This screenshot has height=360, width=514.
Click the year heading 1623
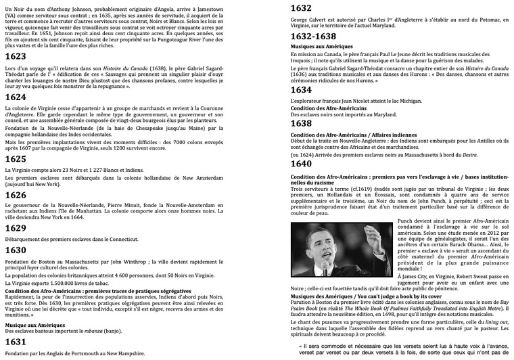[x=16, y=56]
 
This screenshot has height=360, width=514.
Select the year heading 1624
[x=16, y=97]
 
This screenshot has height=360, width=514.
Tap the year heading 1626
[x=16, y=195]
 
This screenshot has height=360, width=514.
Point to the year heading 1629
[x=16, y=228]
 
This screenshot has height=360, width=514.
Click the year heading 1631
[x=16, y=342]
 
